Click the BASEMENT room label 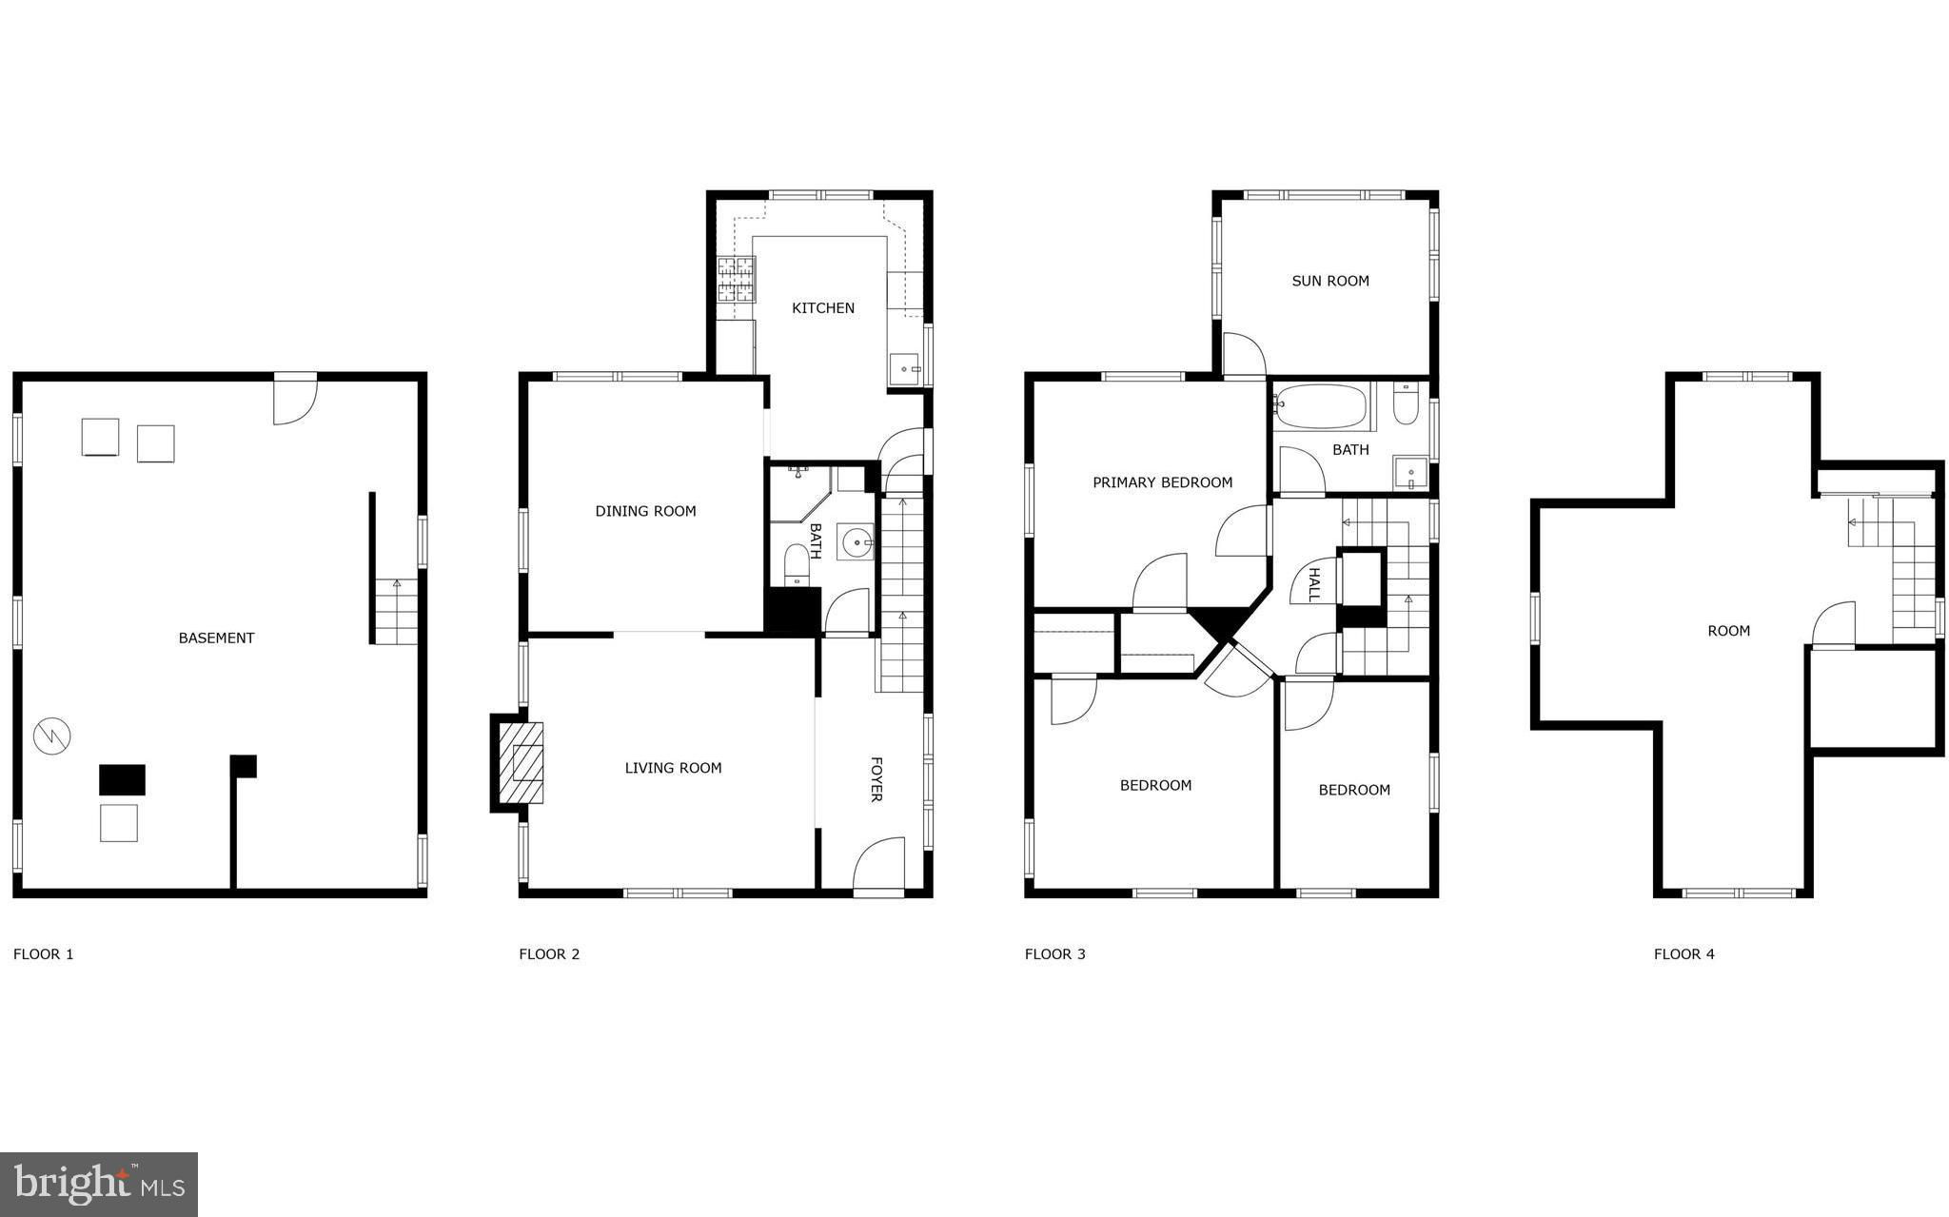[x=216, y=638]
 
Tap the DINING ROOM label [x=645, y=511]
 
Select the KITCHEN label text [x=823, y=307]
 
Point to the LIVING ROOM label [x=673, y=768]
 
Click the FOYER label [x=876, y=779]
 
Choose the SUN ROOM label [x=1330, y=281]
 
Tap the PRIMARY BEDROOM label [x=1162, y=482]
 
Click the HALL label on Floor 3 [x=1314, y=584]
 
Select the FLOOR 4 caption [x=1683, y=953]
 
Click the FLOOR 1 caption [x=43, y=953]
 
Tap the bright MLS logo [x=99, y=1185]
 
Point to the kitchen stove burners [x=736, y=280]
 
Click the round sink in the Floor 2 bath [x=856, y=542]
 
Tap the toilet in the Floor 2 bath [x=797, y=565]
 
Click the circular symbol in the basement [x=52, y=736]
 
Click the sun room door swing [x=1244, y=354]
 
